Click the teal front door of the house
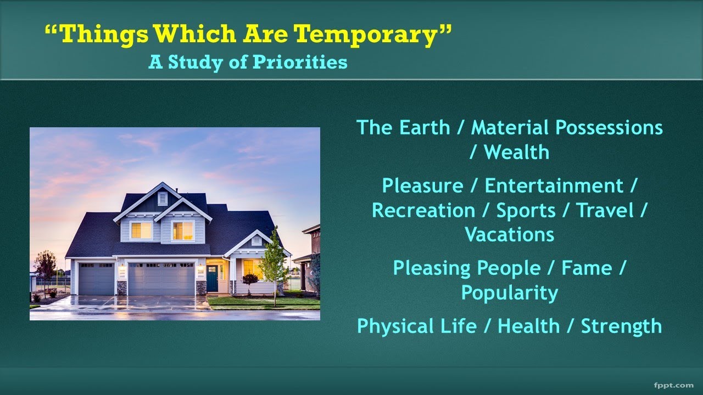(212, 278)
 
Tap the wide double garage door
(161, 279)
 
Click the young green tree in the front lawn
(273, 263)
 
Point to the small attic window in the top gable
(163, 198)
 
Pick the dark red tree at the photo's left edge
(45, 266)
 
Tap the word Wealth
(516, 152)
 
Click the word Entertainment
(554, 185)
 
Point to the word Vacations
(509, 235)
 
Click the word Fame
(586, 268)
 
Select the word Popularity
(509, 293)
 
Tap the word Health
(529, 326)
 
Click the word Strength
(621, 326)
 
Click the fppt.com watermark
(674, 385)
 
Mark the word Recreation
(423, 210)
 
